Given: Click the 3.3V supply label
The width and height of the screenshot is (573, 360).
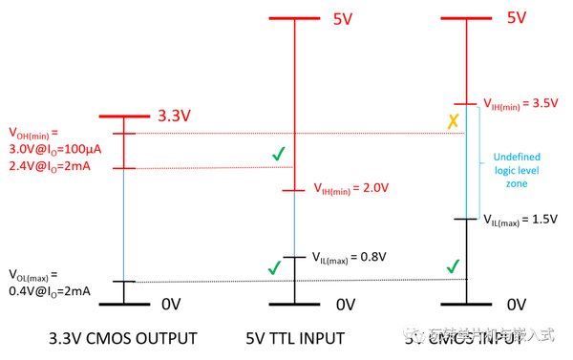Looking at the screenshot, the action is [175, 116].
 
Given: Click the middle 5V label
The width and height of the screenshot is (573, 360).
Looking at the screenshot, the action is [343, 18].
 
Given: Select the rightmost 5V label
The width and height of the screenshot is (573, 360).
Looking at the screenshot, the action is [517, 18].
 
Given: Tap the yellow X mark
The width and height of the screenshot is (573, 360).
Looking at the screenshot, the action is [454, 121].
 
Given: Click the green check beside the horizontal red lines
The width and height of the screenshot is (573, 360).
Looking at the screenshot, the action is [278, 153].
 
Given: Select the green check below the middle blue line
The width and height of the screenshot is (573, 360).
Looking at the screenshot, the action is [274, 267].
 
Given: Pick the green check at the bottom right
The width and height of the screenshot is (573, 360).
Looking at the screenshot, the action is [453, 265].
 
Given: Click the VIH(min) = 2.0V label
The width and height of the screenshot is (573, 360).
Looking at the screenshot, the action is [351, 189].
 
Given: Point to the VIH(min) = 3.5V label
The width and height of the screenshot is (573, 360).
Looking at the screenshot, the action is [520, 103].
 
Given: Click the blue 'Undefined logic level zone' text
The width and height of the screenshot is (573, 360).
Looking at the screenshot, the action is [517, 169].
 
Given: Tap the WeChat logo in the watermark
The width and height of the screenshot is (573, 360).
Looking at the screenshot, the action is [414, 332].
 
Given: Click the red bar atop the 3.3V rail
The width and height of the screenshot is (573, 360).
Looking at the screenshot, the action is [124, 116].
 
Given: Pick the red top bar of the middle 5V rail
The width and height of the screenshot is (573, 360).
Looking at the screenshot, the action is [294, 18].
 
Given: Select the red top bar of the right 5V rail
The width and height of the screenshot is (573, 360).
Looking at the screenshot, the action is [466, 18].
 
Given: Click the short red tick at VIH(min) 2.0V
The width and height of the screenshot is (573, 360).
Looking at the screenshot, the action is [293, 190].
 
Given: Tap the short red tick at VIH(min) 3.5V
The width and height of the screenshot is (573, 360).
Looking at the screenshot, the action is [465, 103].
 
